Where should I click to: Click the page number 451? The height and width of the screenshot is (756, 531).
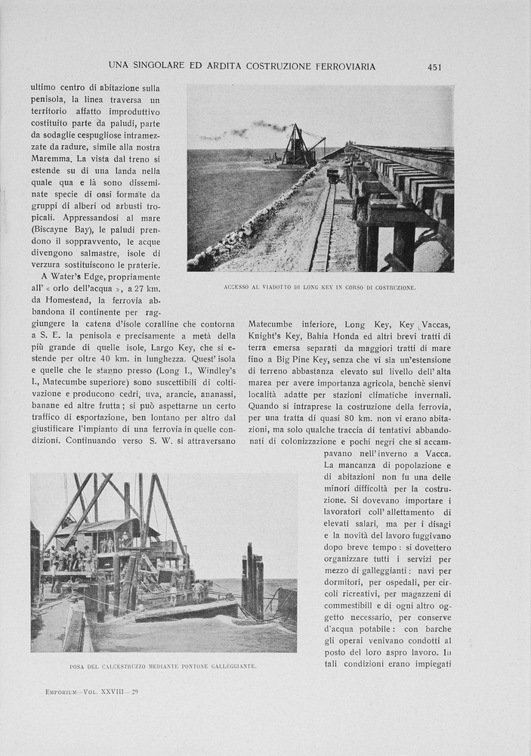[434, 67]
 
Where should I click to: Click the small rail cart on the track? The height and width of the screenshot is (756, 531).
[332, 176]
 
